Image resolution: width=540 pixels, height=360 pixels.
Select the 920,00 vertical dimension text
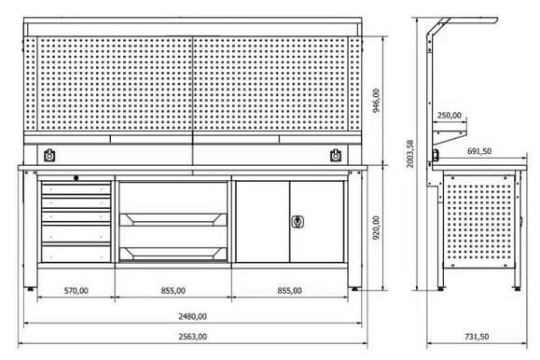(x=376, y=225)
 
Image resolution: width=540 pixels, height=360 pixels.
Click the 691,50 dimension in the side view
(x=480, y=150)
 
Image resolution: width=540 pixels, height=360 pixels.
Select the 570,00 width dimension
(x=76, y=291)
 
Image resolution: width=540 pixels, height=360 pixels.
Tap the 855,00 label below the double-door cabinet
(x=290, y=291)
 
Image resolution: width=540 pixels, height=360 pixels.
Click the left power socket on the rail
(x=48, y=153)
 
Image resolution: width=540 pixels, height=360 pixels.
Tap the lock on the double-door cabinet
(x=298, y=221)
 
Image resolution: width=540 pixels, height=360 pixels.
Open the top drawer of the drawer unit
(x=77, y=189)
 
